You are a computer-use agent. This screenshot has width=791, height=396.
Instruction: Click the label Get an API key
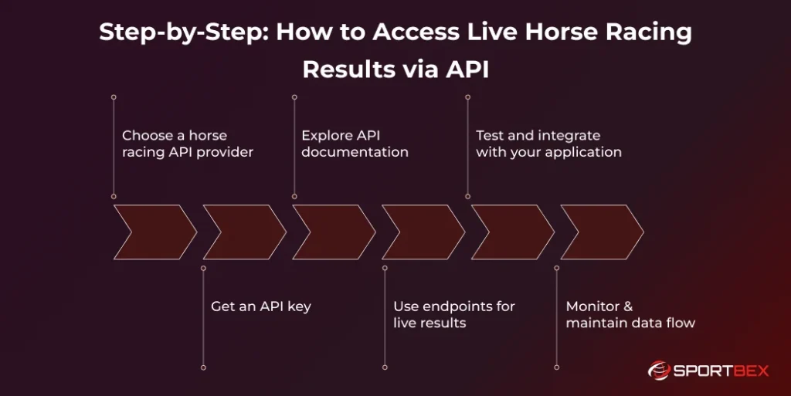[x=261, y=306]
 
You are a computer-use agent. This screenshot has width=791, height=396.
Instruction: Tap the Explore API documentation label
[x=355, y=144]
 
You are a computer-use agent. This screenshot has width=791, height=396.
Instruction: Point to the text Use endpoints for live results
[x=453, y=314]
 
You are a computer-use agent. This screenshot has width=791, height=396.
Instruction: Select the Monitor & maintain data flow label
[x=630, y=314]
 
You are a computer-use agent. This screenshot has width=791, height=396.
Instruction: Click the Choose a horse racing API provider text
[x=187, y=144]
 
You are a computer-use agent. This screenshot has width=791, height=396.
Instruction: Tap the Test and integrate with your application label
[x=548, y=144]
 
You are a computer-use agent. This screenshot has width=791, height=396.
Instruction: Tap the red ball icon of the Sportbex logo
[x=659, y=371]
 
